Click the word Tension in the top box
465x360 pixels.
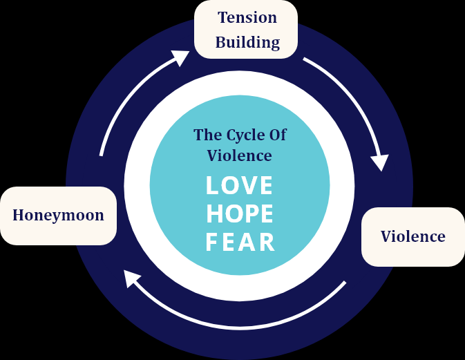click(x=247, y=17)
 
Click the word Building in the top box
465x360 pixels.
click(x=247, y=42)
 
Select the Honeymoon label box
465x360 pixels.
click(x=58, y=215)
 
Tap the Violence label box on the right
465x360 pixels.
click(x=413, y=236)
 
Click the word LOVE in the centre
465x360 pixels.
click(x=239, y=186)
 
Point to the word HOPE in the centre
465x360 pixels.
click(x=239, y=214)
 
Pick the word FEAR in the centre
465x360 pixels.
click(x=240, y=243)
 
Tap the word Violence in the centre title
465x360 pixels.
click(x=239, y=155)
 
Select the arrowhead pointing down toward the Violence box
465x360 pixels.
click(x=379, y=162)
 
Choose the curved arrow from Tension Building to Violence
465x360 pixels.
click(x=357, y=96)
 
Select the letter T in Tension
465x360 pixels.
click(x=222, y=17)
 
